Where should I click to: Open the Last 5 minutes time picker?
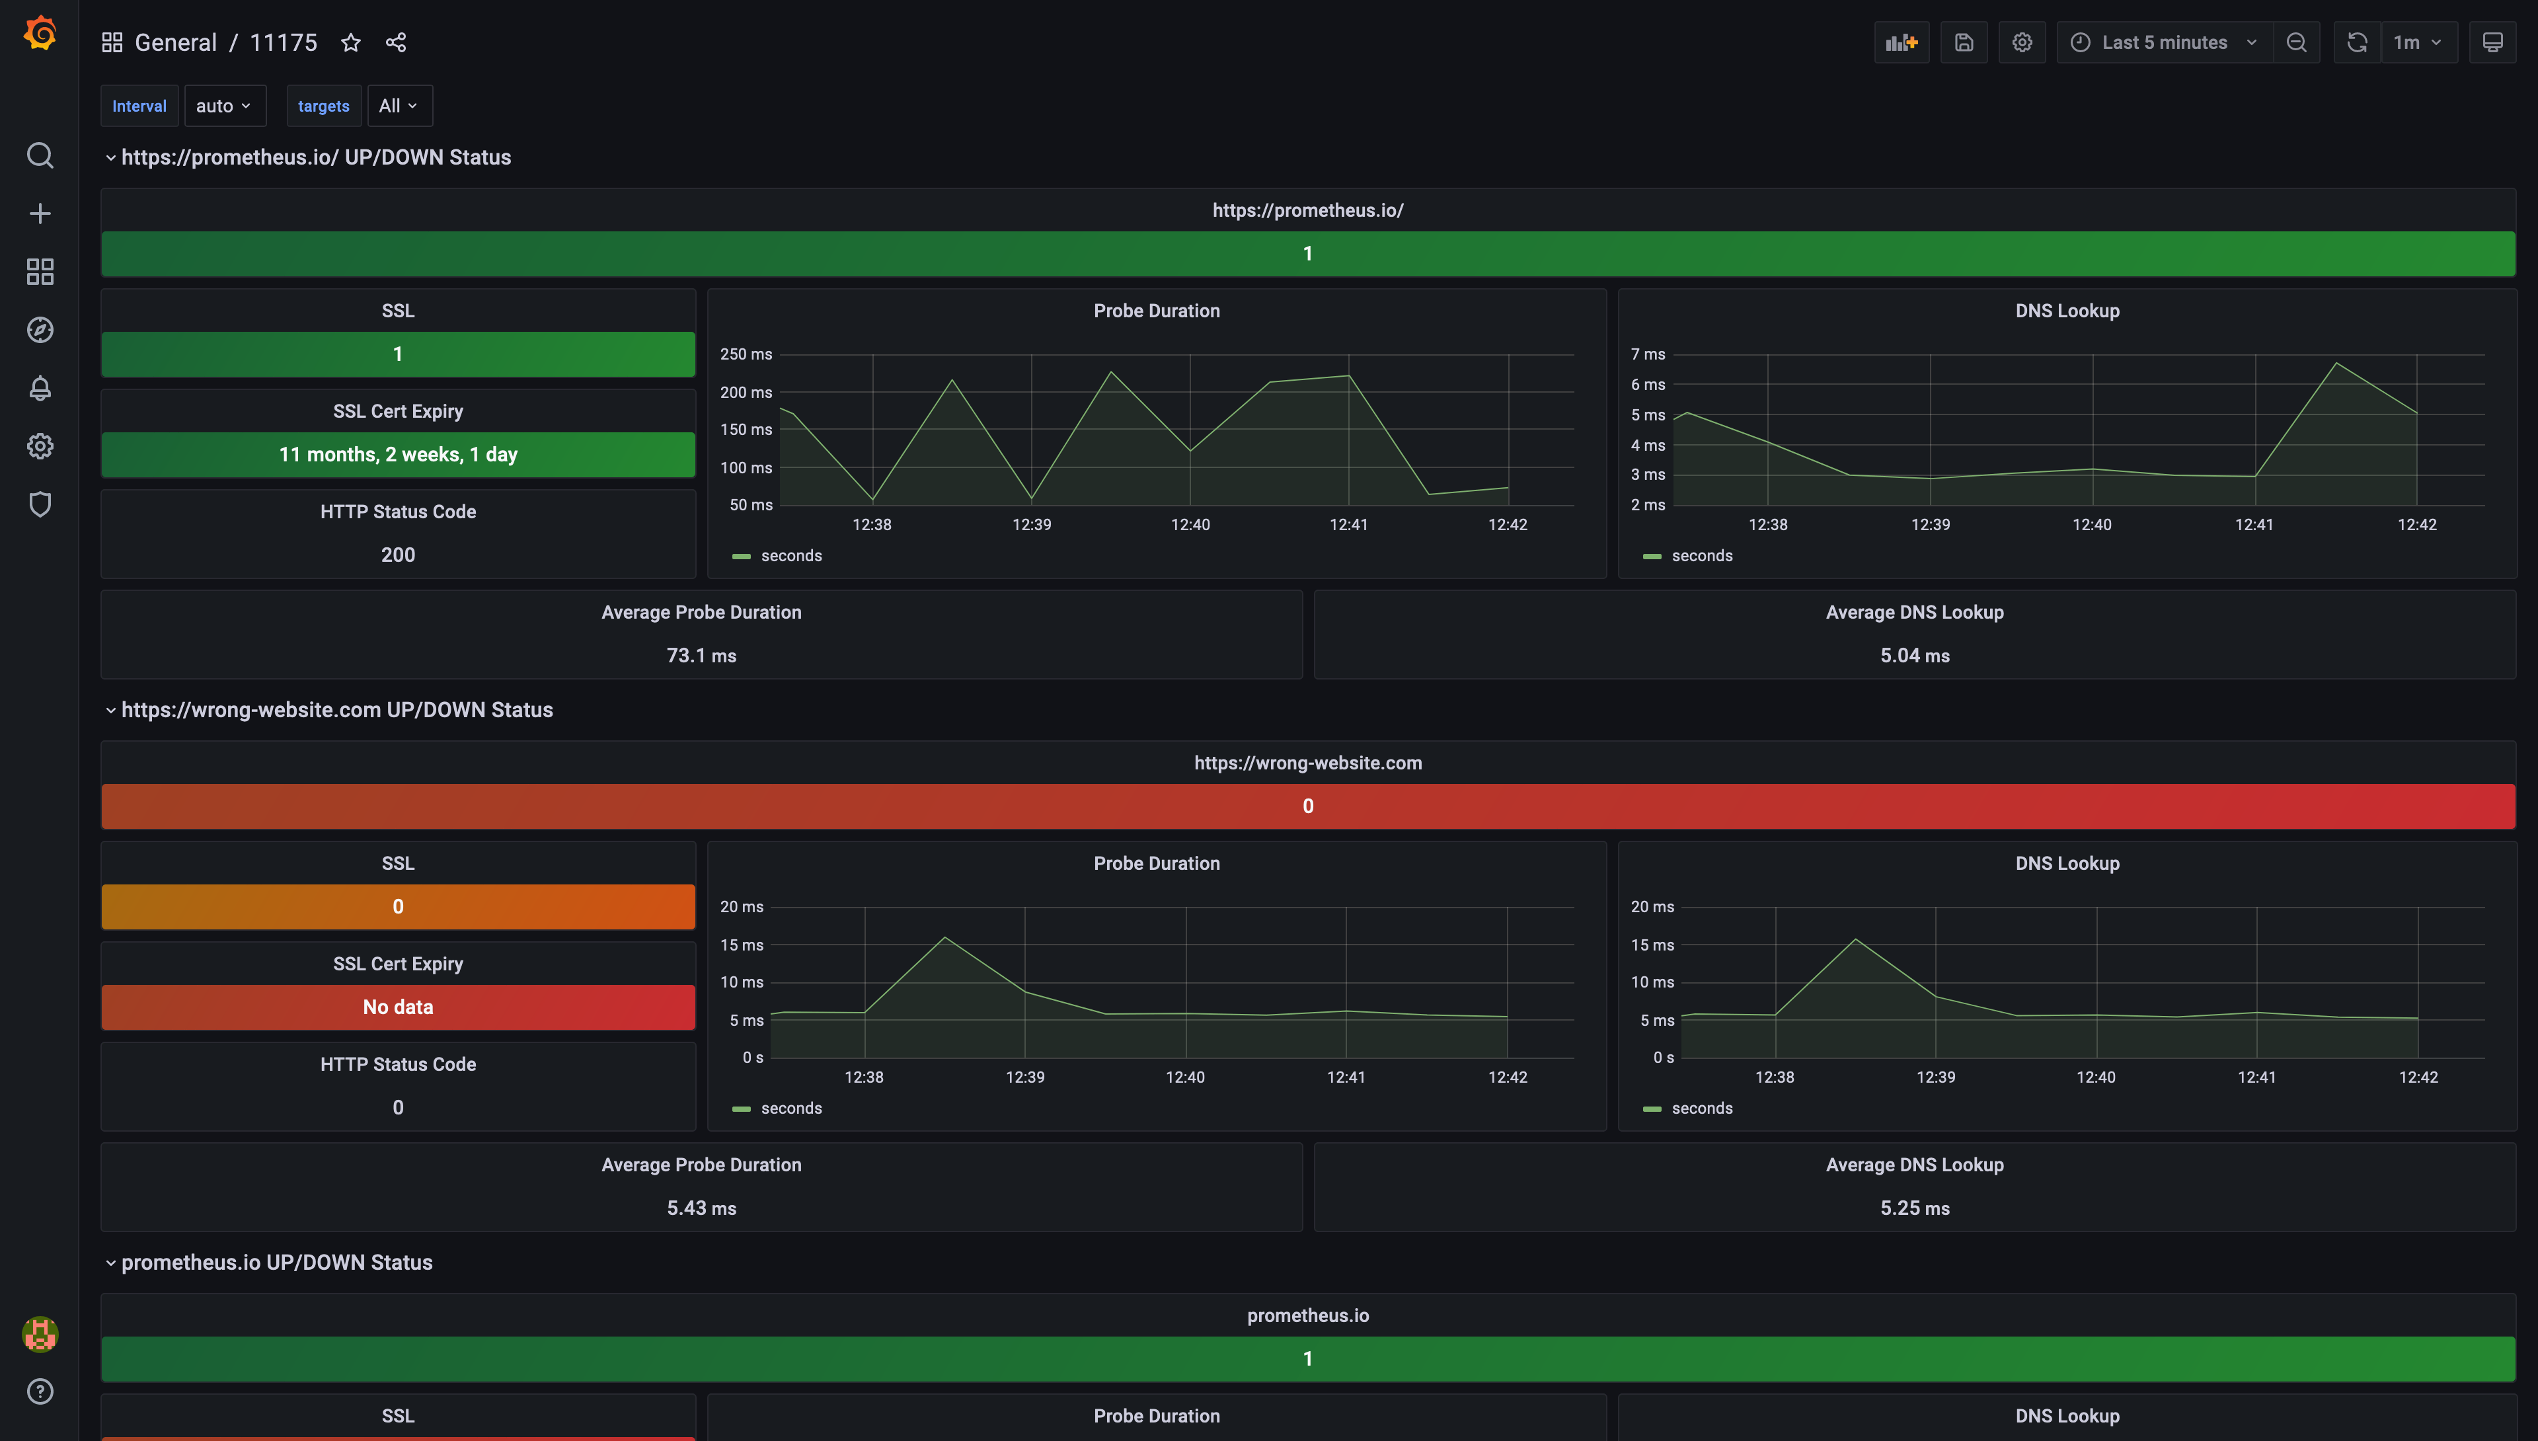pyautogui.click(x=2164, y=42)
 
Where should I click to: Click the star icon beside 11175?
pyautogui.click(x=350, y=42)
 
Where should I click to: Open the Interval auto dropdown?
pyautogui.click(x=223, y=106)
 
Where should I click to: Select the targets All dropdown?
pyautogui.click(x=399, y=106)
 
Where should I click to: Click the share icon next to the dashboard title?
pyautogui.click(x=396, y=42)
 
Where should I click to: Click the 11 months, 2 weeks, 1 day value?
pyautogui.click(x=398, y=454)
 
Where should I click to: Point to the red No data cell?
pyautogui.click(x=398, y=1007)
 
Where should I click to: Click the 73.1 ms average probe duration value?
pyautogui.click(x=701, y=655)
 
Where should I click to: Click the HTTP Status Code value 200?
pyautogui.click(x=398, y=554)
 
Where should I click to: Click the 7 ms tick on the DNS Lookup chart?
pyautogui.click(x=1648, y=354)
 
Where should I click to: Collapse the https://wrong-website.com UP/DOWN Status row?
pyautogui.click(x=111, y=711)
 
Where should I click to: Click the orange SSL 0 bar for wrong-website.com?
pyautogui.click(x=398, y=906)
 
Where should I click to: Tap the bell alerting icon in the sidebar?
pyautogui.click(x=40, y=388)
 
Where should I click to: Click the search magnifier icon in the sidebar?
pyautogui.click(x=40, y=155)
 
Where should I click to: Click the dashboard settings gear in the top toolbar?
pyautogui.click(x=2022, y=42)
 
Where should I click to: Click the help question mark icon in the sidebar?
pyautogui.click(x=40, y=1391)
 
